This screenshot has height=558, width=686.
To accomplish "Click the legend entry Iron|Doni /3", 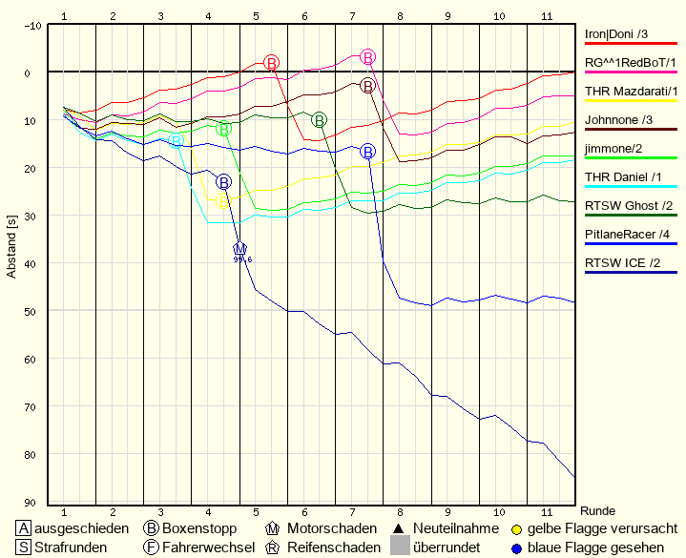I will click(616, 34).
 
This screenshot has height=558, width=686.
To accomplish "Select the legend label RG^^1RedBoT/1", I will click(631, 62).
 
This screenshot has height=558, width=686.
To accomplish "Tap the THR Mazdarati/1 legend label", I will click(631, 91).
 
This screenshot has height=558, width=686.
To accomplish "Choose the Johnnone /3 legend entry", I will click(618, 119).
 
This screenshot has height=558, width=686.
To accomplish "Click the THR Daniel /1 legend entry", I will click(623, 176).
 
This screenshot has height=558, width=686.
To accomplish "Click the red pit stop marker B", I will click(272, 62).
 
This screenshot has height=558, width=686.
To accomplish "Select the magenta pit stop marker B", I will click(368, 57).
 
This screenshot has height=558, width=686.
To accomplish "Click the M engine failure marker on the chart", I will click(240, 249).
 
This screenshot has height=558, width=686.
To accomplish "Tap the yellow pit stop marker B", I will click(224, 201).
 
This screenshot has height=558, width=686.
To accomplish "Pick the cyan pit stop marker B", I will click(177, 141).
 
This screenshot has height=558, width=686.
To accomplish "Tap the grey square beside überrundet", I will click(400, 547).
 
